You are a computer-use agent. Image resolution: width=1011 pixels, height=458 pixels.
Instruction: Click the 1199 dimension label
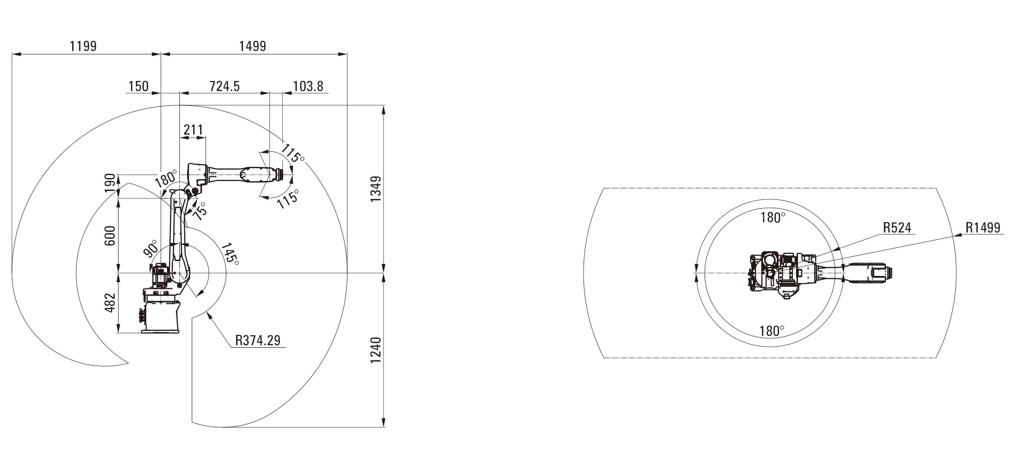pos(84,46)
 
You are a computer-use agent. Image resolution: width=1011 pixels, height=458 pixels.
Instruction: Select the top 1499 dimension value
pos(253,46)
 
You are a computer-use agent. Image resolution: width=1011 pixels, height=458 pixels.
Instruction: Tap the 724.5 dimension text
pos(225,86)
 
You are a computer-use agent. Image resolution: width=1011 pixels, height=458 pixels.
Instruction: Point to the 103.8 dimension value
pos(308,86)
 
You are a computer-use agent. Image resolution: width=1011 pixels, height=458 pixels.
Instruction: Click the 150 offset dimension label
pos(138,86)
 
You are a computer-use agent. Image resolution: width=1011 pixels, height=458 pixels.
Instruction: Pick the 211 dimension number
pos(193,130)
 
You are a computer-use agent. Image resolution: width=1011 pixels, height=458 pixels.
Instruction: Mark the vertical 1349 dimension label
pos(376,188)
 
